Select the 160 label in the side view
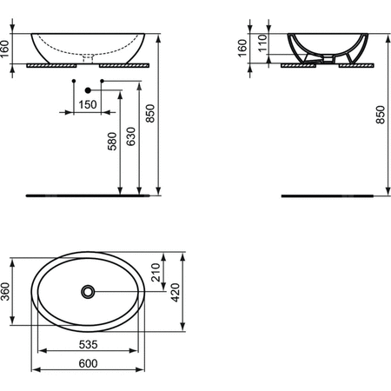point(244,48)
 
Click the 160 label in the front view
point(6,48)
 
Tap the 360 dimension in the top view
point(7,294)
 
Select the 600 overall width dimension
point(89,366)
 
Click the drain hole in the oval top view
point(89,291)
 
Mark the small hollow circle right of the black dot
point(103,82)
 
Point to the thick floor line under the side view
point(329,196)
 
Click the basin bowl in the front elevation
point(87,45)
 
